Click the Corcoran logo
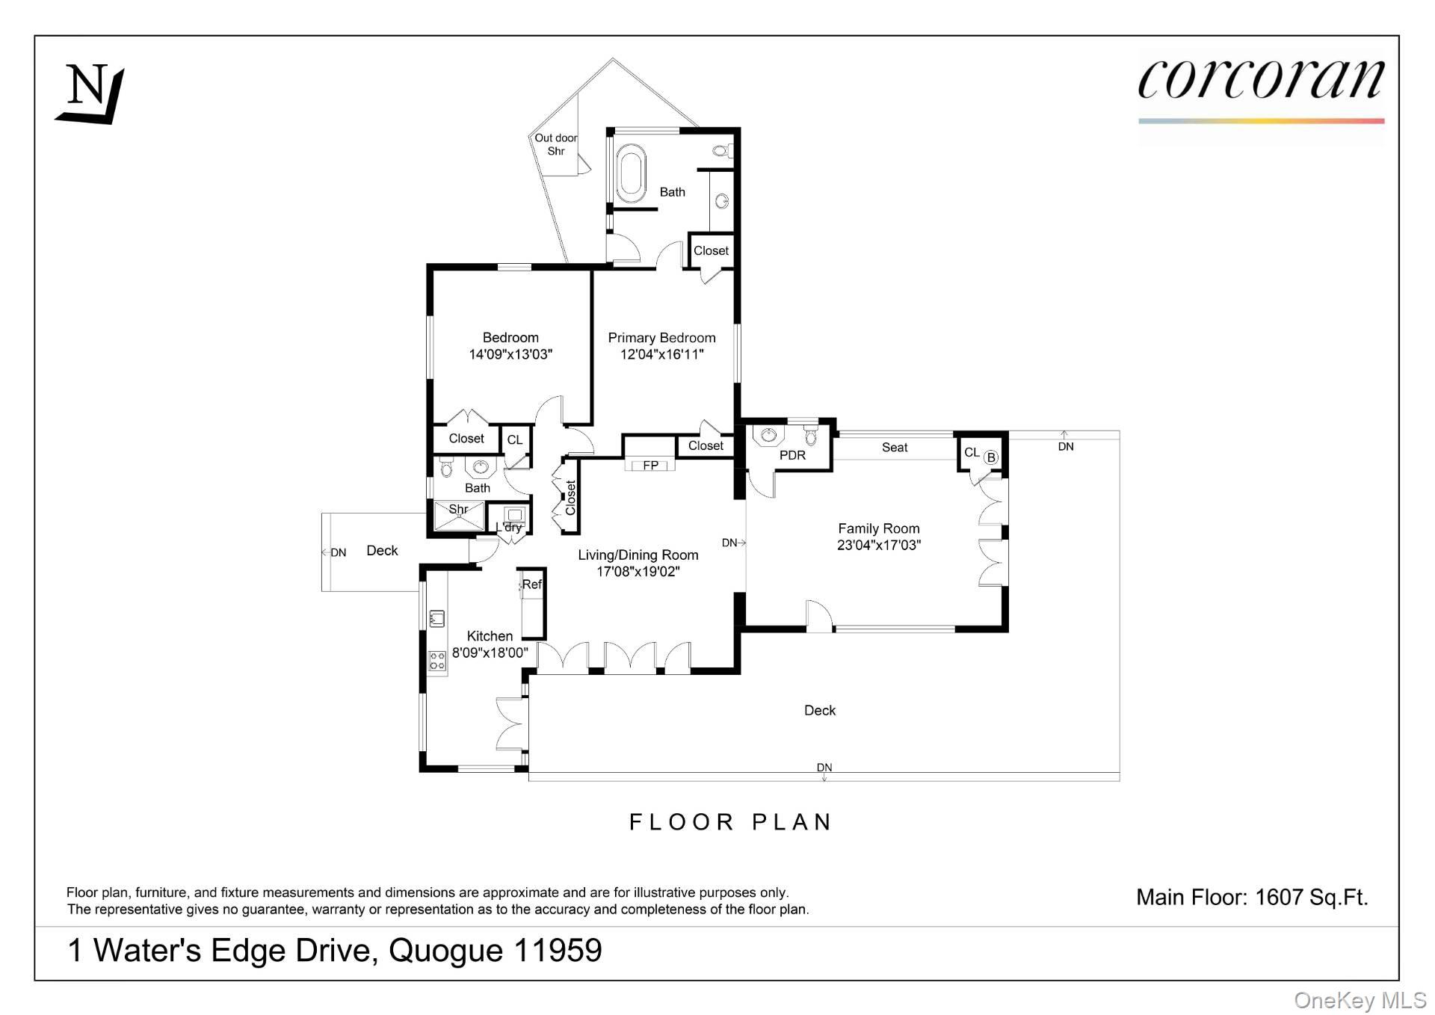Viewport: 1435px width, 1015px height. [x=1260, y=81]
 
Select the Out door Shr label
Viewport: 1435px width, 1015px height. [x=555, y=144]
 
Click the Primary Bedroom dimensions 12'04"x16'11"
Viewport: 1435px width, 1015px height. [x=661, y=354]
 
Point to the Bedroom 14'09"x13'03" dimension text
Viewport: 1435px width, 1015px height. [x=510, y=354]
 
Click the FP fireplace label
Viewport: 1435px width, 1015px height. [x=650, y=465]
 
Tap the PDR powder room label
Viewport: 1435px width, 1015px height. [x=792, y=455]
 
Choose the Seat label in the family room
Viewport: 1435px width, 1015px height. [x=894, y=448]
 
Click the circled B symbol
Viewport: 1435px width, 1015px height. [x=991, y=457]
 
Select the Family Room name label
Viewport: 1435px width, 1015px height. [x=878, y=528]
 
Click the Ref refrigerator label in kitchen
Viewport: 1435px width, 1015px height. [x=531, y=584]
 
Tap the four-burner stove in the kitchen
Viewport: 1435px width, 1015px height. [x=437, y=661]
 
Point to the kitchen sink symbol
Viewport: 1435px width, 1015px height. [x=437, y=618]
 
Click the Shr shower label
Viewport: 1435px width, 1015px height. [x=458, y=509]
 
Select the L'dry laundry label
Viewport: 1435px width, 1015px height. [x=509, y=527]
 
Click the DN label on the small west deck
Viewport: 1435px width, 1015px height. [x=338, y=553]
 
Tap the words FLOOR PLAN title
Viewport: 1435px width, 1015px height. [x=730, y=822]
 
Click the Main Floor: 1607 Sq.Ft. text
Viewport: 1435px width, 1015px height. [x=1252, y=897]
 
